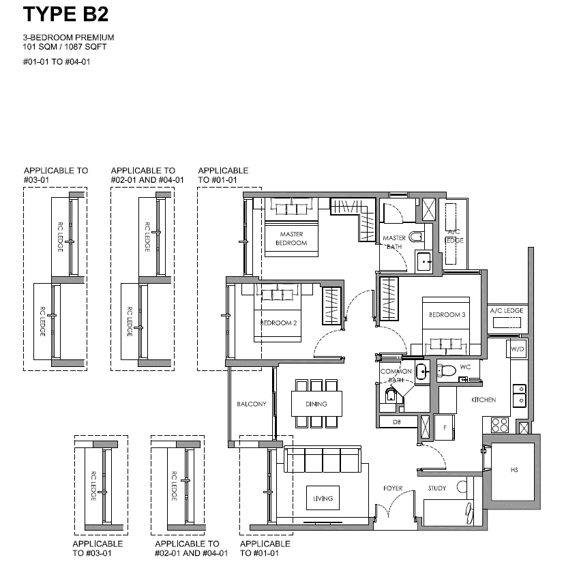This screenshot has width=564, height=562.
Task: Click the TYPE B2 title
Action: [x=66, y=14]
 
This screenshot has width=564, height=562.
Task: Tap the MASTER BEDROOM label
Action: [x=291, y=239]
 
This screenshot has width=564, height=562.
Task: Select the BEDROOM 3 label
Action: [x=447, y=315]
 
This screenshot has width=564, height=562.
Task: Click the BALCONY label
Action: [x=252, y=404]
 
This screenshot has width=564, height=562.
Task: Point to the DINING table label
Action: [x=316, y=404]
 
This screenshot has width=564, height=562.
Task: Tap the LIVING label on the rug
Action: [x=323, y=499]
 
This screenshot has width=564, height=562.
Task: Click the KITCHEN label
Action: [x=484, y=400]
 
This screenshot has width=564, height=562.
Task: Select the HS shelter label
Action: [x=514, y=470]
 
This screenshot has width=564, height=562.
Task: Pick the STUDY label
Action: [x=437, y=488]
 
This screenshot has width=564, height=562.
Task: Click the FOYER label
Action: [x=393, y=488]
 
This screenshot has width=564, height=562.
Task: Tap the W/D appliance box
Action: [x=517, y=349]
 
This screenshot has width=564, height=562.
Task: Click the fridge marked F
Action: [x=444, y=428]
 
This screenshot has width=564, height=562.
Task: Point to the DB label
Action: [x=397, y=422]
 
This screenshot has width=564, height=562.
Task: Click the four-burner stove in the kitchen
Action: [x=500, y=424]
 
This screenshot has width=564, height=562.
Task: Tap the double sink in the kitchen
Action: [x=520, y=396]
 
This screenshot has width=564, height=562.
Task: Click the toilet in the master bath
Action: [x=416, y=237]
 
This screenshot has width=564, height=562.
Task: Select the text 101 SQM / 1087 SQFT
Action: [x=65, y=47]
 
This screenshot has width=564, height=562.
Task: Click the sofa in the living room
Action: [x=323, y=459]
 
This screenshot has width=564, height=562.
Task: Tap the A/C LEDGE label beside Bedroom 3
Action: [x=507, y=310]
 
